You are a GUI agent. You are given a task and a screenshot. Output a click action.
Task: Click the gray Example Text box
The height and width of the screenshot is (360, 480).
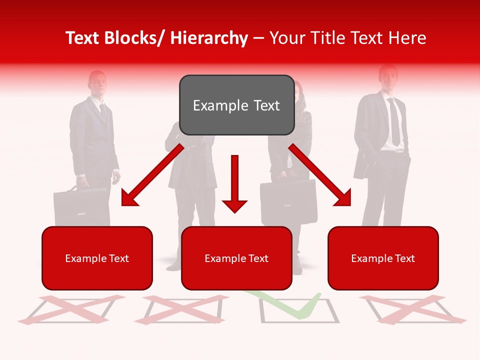[236, 105]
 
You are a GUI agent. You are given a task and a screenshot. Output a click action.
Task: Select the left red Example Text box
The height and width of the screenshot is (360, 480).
[97, 258]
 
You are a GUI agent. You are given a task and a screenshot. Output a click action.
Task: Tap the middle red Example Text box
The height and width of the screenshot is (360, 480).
[236, 258]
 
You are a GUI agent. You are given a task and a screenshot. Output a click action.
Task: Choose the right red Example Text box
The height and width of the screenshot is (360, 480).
[383, 258]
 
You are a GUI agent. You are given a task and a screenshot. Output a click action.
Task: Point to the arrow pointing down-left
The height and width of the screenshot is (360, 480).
[152, 175]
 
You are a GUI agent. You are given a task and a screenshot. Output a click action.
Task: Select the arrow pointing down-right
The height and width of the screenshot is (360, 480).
[320, 175]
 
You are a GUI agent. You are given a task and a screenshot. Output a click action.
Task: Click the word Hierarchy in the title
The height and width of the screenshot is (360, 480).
[209, 38]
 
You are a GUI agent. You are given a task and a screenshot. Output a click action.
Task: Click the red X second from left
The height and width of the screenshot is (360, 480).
[182, 309]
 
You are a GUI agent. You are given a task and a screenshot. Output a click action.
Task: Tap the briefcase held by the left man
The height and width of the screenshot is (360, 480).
[80, 205]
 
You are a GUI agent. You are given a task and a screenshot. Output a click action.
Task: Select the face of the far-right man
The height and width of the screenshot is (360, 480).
[387, 79]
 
